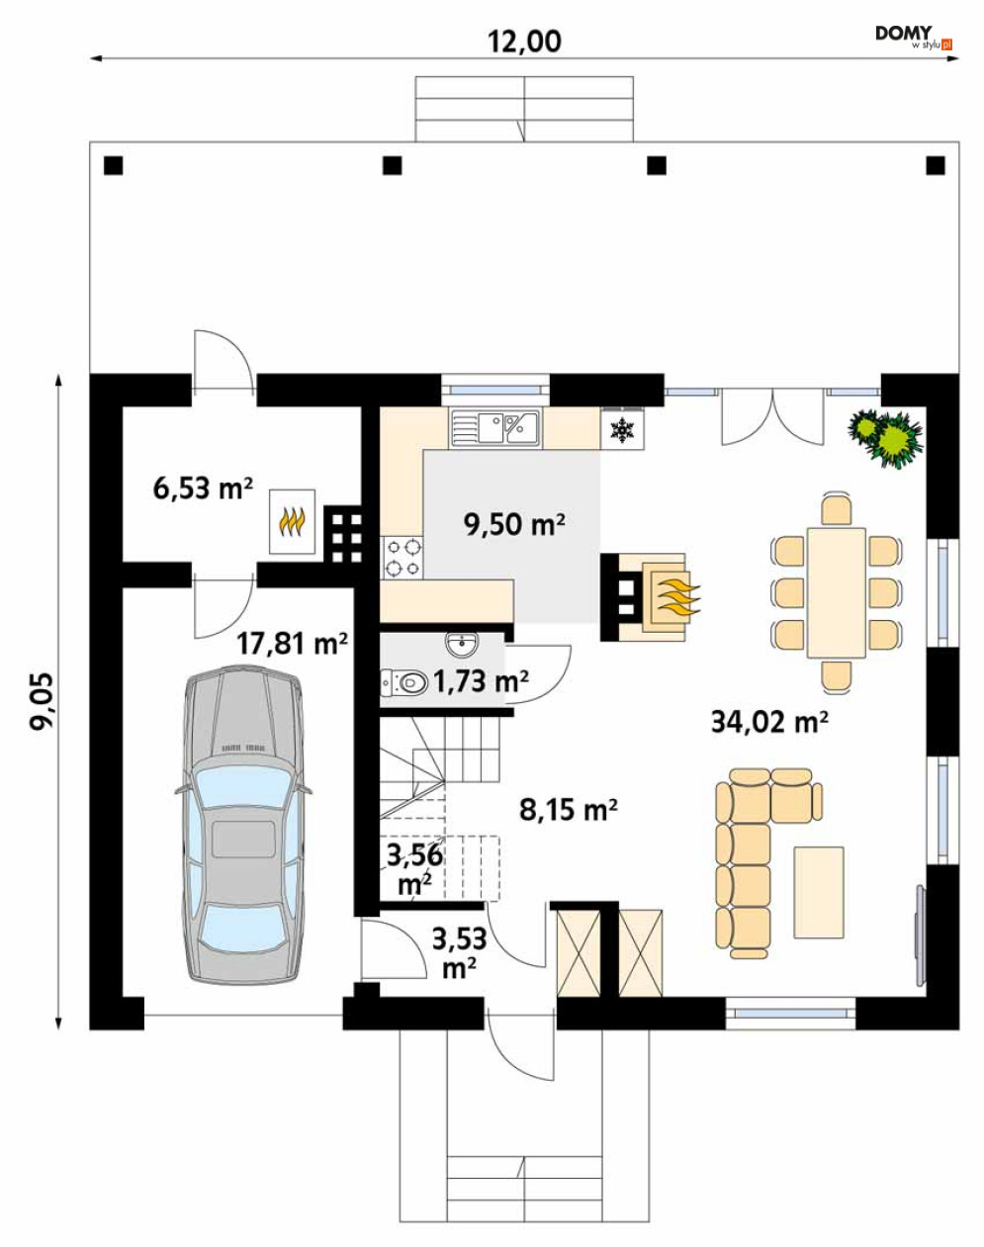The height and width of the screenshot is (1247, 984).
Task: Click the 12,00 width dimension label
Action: [x=524, y=42]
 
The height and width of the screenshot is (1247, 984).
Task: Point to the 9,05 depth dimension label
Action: [x=42, y=701]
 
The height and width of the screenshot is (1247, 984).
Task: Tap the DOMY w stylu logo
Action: [x=913, y=38]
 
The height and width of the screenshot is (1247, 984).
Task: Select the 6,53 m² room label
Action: [x=203, y=488]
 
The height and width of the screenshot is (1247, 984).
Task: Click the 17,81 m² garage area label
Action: [x=292, y=643]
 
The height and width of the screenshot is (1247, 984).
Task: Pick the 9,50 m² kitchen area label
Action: [x=514, y=524]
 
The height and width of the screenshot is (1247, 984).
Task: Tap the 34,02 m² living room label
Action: [x=769, y=722]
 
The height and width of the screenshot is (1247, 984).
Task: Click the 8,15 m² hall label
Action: [x=568, y=810]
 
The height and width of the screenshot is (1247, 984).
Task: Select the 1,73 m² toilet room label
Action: [x=481, y=681]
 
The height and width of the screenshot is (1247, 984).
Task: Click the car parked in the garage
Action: [x=243, y=824]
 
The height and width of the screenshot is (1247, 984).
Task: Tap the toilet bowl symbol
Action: [x=404, y=682]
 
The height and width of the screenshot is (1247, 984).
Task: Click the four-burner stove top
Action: [x=403, y=557]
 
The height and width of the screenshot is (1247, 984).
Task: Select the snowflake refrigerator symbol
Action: [x=622, y=429]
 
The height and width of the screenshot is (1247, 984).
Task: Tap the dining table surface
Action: [x=837, y=592]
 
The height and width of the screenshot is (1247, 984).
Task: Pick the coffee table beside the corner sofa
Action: [x=818, y=892]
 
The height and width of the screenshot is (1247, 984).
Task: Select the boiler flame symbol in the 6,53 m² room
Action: [x=292, y=522]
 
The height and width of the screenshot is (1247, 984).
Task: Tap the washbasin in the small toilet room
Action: [x=462, y=643]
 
